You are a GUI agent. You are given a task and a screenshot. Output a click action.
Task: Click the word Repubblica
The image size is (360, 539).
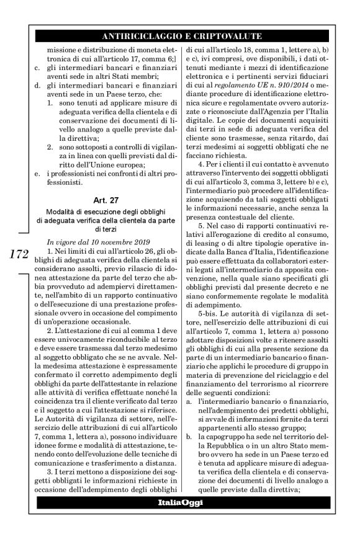pyautogui.click(x=224, y=429)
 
